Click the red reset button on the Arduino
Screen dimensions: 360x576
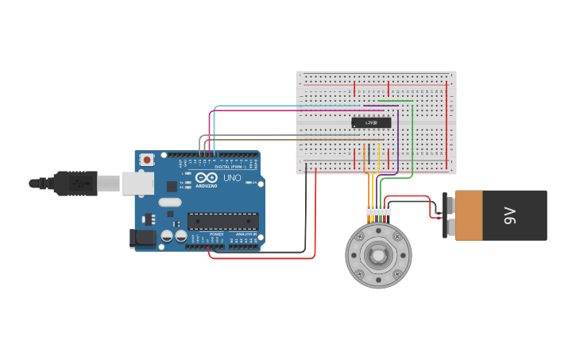[147, 160]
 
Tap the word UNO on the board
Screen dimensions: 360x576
[232, 178]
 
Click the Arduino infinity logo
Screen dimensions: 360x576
[204, 178]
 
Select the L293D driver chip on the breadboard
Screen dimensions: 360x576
[371, 122]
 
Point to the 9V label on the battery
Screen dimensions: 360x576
[511, 215]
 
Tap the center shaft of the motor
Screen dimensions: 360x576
[378, 255]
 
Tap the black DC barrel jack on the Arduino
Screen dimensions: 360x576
[144, 237]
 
